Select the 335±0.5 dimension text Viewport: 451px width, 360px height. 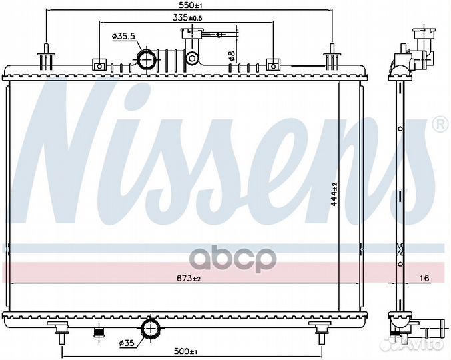point(187,17)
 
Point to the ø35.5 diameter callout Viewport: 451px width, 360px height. point(123,36)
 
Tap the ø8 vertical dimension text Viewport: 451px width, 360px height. point(232,55)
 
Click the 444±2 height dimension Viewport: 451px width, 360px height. point(334,194)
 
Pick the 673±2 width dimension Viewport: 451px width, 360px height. point(189,278)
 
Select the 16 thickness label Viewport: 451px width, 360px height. point(424,278)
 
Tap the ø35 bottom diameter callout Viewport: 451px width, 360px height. point(127,343)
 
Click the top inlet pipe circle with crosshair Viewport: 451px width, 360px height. point(147,59)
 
